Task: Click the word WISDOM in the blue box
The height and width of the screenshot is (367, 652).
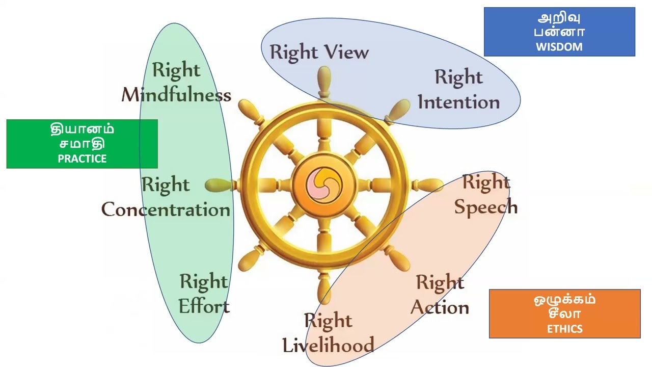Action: tap(559, 47)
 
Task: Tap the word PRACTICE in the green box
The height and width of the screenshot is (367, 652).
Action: tap(82, 159)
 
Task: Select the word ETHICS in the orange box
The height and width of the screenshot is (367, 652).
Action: tap(564, 329)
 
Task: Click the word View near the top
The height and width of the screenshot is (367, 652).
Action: tap(344, 53)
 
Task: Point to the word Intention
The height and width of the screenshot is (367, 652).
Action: tap(458, 102)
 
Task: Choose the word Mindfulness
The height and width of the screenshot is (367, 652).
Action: tap(176, 95)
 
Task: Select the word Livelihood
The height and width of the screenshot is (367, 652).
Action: tap(328, 345)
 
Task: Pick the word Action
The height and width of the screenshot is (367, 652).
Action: tap(440, 307)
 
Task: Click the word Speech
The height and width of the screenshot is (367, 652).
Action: tap(486, 207)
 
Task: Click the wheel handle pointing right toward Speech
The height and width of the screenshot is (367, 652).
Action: tap(429, 185)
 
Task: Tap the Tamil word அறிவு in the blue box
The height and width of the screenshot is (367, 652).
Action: tap(559, 18)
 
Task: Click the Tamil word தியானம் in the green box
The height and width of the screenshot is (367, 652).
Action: tap(82, 129)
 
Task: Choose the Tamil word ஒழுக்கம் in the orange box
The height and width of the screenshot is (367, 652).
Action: tap(564, 299)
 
